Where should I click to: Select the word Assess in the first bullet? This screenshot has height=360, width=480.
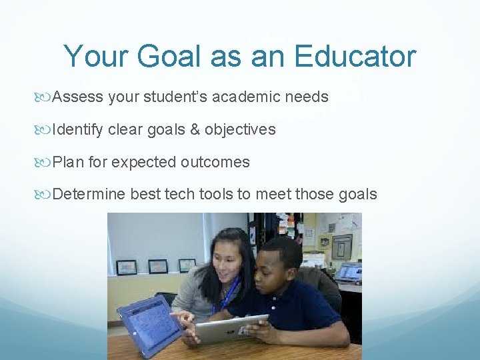(x=77, y=97)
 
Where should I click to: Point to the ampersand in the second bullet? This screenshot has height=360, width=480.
(x=195, y=129)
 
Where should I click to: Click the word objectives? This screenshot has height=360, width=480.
(x=240, y=129)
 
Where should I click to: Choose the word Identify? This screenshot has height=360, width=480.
(x=77, y=129)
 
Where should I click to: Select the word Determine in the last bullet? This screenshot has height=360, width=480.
(x=88, y=194)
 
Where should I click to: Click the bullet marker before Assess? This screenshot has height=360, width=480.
(x=45, y=97)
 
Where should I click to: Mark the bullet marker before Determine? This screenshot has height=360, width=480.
(x=45, y=195)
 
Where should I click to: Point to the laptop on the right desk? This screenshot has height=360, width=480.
(x=349, y=272)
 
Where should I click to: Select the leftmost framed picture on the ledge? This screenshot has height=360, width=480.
(x=126, y=267)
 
